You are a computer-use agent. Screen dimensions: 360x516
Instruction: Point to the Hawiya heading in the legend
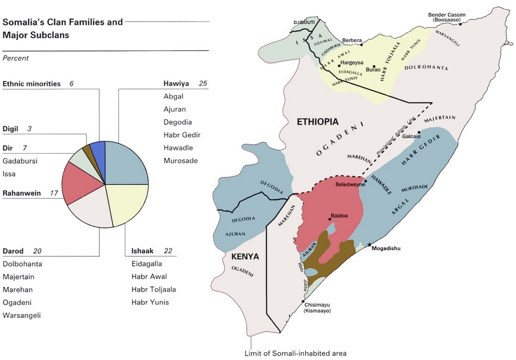[x=176, y=84]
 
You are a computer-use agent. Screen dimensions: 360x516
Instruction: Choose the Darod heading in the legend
[x=13, y=251]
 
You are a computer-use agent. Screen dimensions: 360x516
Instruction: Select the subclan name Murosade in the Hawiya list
[x=180, y=161]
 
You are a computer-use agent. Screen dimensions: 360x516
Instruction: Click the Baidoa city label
[x=340, y=216]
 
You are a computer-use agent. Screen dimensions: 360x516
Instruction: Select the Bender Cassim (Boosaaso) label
[x=446, y=17]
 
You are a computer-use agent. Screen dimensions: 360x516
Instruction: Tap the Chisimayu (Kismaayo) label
[x=317, y=308]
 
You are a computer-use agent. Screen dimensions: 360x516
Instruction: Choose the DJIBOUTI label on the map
[x=304, y=22]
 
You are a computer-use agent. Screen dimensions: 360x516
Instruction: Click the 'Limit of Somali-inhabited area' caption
[x=295, y=353]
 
